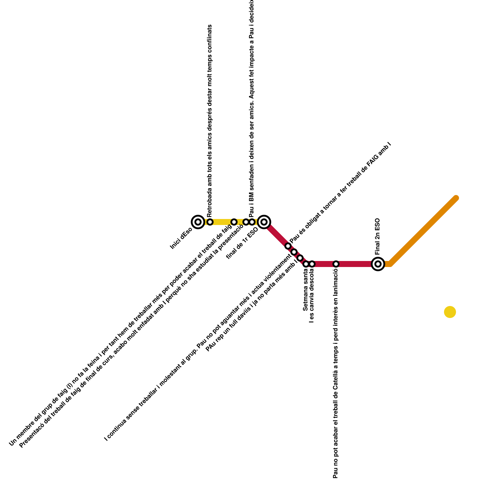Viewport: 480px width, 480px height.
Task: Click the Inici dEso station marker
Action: coord(198,222)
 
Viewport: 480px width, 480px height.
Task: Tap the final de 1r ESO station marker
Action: coord(264,222)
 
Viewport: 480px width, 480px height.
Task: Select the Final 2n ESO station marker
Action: coord(378,264)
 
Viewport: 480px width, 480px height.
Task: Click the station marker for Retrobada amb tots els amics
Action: coord(210,222)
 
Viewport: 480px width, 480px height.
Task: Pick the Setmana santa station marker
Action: coord(306,264)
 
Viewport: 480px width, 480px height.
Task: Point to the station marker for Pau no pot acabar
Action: coord(336,264)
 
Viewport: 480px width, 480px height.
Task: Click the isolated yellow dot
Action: coord(450,312)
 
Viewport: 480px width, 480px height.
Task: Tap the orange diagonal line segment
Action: coord(423,231)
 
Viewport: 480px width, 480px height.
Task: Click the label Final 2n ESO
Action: coord(377,236)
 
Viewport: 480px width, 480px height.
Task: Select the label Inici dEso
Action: coord(181,238)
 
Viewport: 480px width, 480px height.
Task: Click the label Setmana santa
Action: coord(305,290)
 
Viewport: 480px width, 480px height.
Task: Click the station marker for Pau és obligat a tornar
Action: coord(288,246)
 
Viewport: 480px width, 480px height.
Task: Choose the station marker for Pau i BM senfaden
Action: coord(252,222)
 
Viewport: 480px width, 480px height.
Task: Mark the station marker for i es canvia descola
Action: coord(312,264)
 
